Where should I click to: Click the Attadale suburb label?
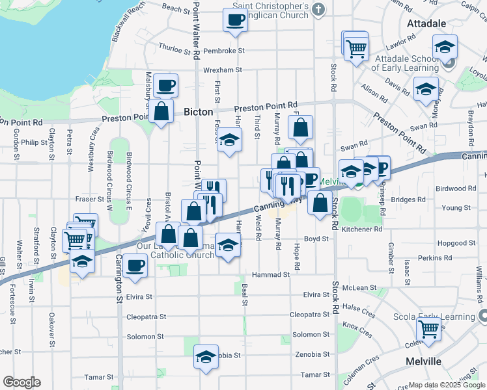(426, 23)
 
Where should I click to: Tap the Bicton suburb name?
(198, 111)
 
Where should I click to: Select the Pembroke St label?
(223, 50)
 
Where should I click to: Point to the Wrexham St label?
(222, 70)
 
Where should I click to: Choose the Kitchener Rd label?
(361, 229)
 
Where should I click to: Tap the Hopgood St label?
(435, 242)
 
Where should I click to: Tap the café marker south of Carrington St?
(135, 265)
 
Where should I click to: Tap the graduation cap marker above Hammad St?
(228, 245)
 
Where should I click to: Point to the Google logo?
(21, 382)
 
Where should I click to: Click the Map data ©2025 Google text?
(446, 385)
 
